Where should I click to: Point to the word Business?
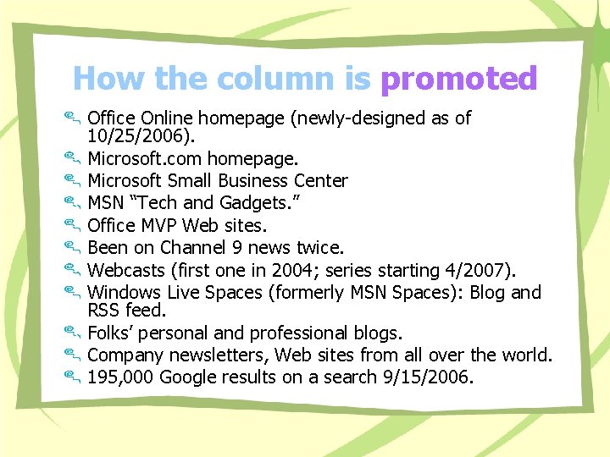click(x=253, y=180)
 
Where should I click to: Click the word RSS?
click(x=104, y=311)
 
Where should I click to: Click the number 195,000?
click(x=120, y=377)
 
